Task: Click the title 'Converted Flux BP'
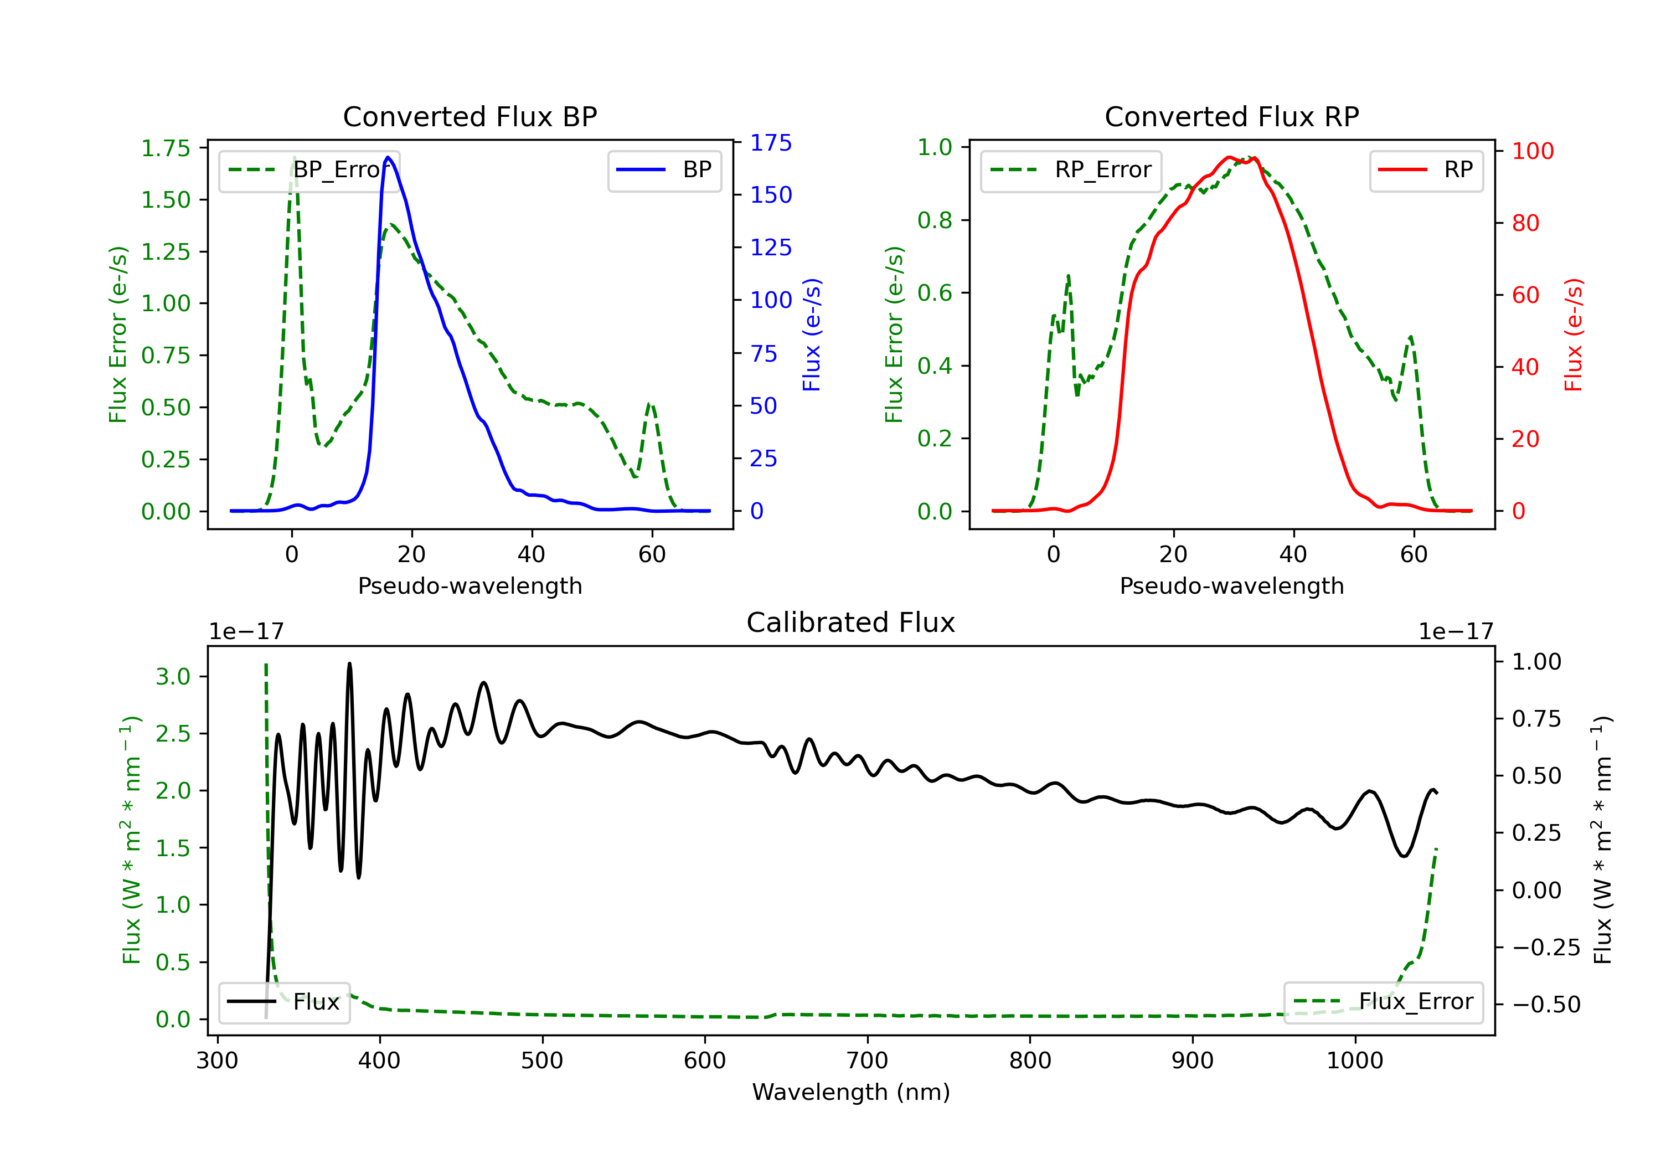[x=470, y=116]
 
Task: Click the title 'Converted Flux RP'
[x=1231, y=116]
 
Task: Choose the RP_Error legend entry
[x=1071, y=170]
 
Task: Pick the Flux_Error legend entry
[x=1383, y=1002]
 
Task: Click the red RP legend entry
[x=1426, y=170]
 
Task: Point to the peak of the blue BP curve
[x=389, y=157]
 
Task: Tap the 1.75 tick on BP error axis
[x=166, y=148]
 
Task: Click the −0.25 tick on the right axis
[x=1545, y=948]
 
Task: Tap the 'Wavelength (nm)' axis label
[x=851, y=1092]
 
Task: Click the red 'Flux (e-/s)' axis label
[x=1574, y=335]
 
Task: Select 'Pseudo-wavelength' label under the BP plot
[x=470, y=585]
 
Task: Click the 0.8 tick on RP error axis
[x=935, y=220]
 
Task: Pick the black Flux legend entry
[x=285, y=1002]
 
